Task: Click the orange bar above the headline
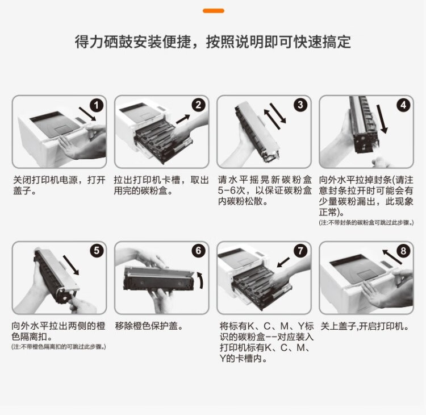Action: [x=213, y=11]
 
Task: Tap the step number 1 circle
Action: [x=97, y=105]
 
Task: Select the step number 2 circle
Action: [x=199, y=105]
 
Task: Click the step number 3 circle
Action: [x=300, y=105]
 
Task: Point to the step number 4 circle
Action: [x=403, y=105]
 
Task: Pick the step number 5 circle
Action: [x=97, y=251]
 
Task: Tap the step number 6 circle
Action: [x=199, y=251]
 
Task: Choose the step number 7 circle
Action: [x=300, y=251]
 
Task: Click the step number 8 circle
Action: [x=403, y=251]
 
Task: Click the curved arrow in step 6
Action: [x=201, y=280]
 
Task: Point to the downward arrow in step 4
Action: [x=382, y=119]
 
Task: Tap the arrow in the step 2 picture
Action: [x=183, y=119]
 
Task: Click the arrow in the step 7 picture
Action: [x=283, y=263]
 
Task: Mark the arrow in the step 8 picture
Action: [x=392, y=257]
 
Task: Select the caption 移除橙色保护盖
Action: [x=149, y=326]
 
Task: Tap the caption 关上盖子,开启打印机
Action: [x=365, y=326]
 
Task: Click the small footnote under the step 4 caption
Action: [x=366, y=223]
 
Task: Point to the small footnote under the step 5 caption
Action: [x=59, y=347]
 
